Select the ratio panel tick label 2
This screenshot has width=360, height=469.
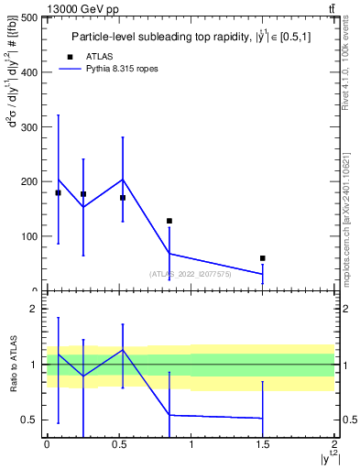pyautogui.click(x=33, y=310)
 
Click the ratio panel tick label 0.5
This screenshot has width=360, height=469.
pyautogui.click(x=28, y=420)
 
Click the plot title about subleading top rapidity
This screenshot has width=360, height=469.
pyautogui.click(x=191, y=37)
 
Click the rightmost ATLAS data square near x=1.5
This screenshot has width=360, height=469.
pyautogui.click(x=263, y=258)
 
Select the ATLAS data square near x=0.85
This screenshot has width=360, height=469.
pyautogui.click(x=169, y=221)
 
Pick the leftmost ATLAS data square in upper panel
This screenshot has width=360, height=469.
pyautogui.click(x=59, y=192)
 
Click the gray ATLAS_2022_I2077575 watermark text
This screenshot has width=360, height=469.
pyautogui.click(x=191, y=273)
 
